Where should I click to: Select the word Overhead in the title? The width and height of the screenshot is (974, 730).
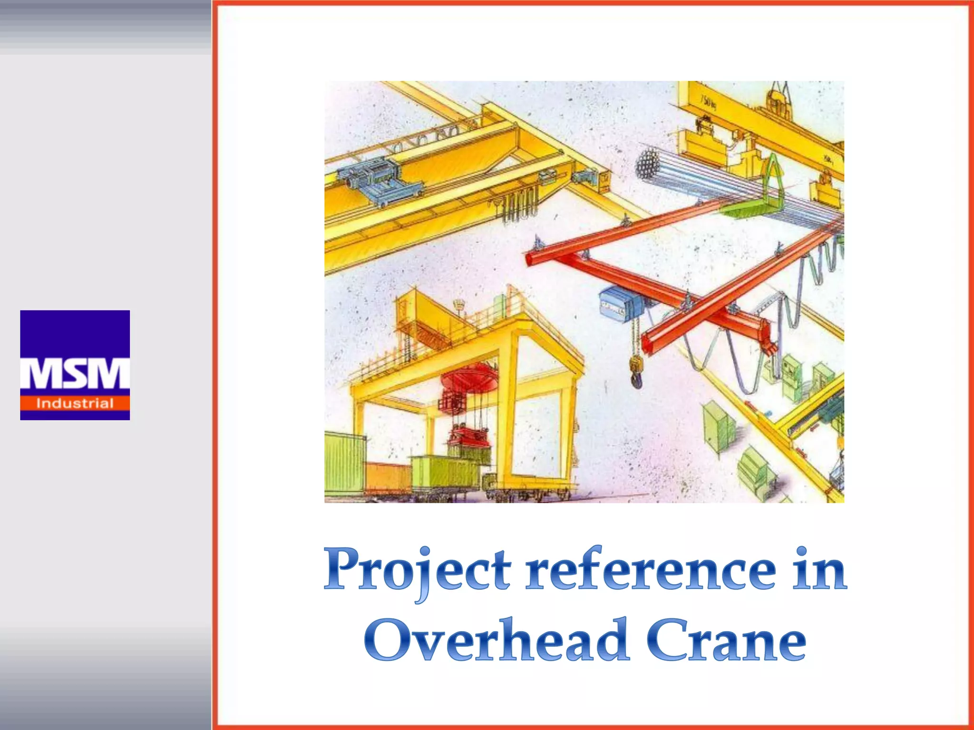[x=496, y=640]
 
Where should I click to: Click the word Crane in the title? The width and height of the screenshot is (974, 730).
[x=726, y=640]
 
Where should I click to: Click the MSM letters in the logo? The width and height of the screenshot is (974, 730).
[x=75, y=374]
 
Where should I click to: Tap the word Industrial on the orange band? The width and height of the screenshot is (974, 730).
[x=75, y=404]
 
